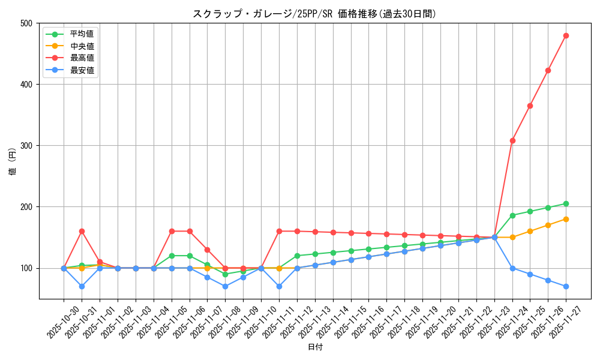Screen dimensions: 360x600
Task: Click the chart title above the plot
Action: (314, 14)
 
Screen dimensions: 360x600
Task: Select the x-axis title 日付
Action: (314, 347)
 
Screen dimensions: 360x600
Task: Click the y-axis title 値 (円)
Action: (13, 161)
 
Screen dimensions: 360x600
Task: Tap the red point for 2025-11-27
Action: (566, 35)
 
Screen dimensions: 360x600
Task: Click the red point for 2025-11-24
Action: (512, 140)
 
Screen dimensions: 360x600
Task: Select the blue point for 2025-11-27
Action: (566, 286)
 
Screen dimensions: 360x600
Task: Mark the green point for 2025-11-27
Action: (566, 204)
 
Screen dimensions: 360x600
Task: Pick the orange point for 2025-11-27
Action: (566, 219)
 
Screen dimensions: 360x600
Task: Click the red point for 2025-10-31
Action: (82, 231)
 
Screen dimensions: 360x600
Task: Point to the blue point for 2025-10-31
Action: (82, 286)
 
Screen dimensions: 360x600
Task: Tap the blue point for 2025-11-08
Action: (225, 286)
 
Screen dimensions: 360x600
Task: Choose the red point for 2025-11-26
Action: (548, 70)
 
